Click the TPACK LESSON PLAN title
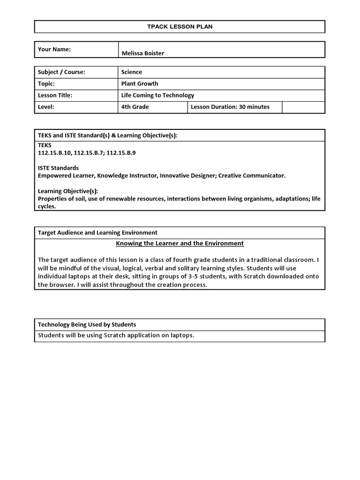tap(180, 27)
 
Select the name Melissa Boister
tap(142, 53)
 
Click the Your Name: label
tap(54, 49)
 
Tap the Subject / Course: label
tap(61, 72)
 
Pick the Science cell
tap(132, 72)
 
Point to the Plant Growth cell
tap(140, 83)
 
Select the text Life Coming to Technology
tap(157, 95)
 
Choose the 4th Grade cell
tap(135, 107)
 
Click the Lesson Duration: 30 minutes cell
tap(230, 107)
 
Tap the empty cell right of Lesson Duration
tap(303, 107)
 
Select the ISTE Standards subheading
tap(58, 168)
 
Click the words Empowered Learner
tap(65, 175)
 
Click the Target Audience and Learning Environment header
tap(97, 232)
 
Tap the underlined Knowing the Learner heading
tap(180, 243)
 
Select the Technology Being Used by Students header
tap(87, 324)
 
